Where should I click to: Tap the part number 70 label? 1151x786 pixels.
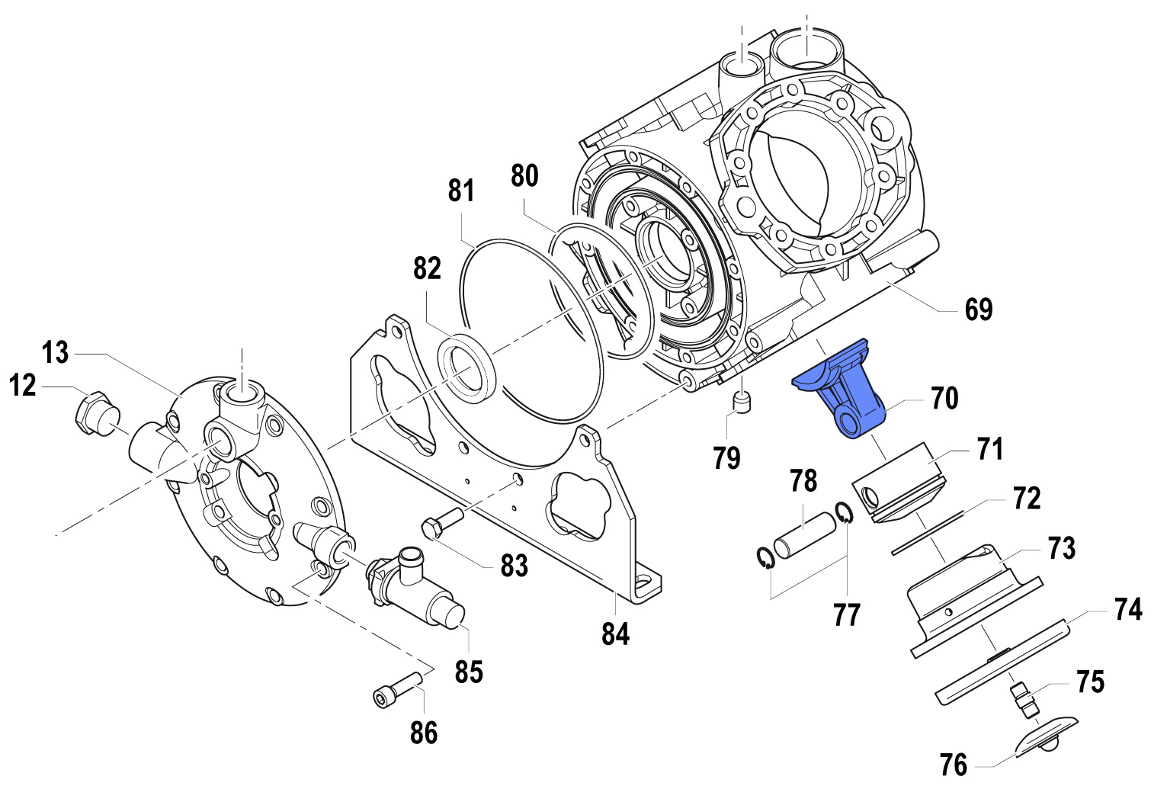(x=944, y=398)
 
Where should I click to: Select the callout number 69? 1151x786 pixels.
(x=979, y=310)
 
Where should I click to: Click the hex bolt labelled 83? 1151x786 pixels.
(x=441, y=524)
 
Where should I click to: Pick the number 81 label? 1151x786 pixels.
(x=461, y=191)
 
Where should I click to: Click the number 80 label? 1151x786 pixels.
(x=524, y=175)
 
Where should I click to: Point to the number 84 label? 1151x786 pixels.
(x=615, y=634)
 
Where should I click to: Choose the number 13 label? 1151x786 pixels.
(x=55, y=353)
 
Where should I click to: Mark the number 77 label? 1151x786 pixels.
(x=846, y=614)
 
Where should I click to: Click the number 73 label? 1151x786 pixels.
(x=1061, y=547)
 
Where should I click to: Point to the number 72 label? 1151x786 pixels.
(x=1027, y=499)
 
